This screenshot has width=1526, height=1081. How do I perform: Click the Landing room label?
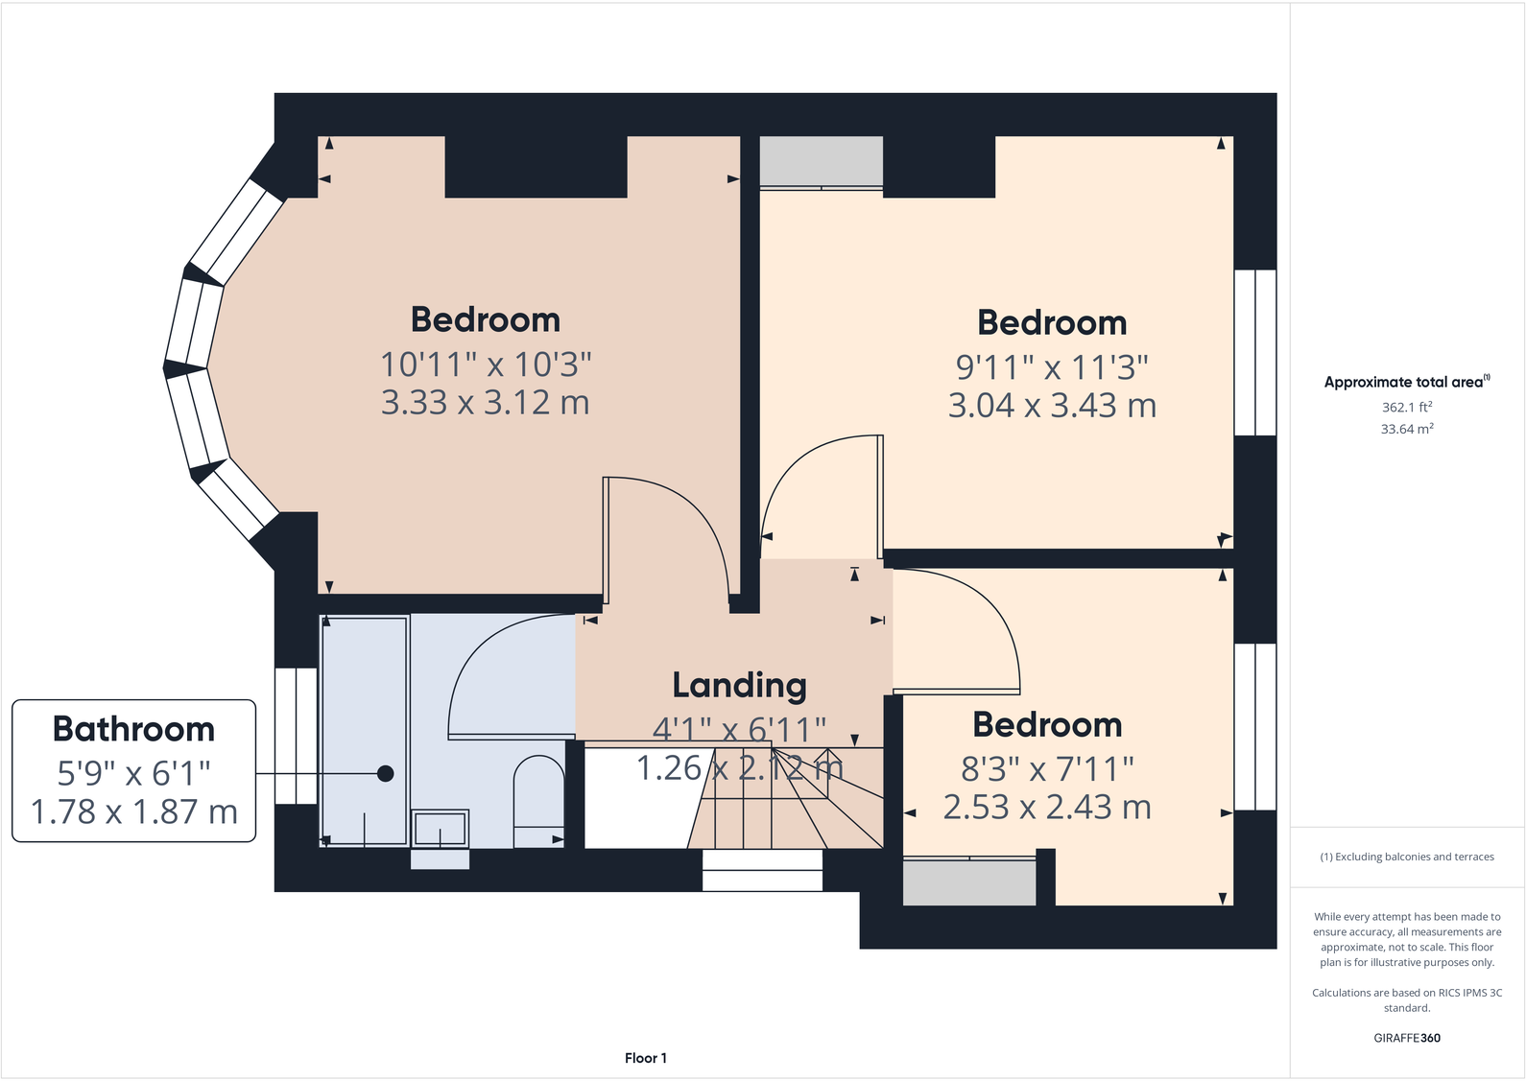tap(739, 685)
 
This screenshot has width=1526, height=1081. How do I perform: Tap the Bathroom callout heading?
tap(133, 729)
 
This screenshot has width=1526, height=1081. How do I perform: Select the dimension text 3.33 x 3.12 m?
tap(485, 403)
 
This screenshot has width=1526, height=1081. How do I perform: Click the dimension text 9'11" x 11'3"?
tap(1052, 367)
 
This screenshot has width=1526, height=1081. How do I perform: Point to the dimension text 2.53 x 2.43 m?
tap(1047, 808)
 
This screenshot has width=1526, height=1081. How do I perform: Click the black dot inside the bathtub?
tap(385, 773)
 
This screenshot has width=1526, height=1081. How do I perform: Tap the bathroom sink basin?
tap(441, 828)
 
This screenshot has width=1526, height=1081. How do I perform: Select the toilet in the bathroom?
tap(538, 801)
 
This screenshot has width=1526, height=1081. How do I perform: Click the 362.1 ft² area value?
tap(1406, 407)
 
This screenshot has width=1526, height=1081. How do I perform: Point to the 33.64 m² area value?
tap(1406, 429)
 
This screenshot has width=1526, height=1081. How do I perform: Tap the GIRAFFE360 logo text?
tap(1406, 1038)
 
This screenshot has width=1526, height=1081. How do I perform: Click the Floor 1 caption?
tap(645, 1058)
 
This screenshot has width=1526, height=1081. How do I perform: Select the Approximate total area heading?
tap(1406, 382)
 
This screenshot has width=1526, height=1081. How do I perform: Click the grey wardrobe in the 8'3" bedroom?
tap(969, 881)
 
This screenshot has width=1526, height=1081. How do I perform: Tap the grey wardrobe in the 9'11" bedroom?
tap(822, 161)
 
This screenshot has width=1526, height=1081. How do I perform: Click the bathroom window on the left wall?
tap(296, 735)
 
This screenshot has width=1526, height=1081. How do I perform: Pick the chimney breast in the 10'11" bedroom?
tap(536, 167)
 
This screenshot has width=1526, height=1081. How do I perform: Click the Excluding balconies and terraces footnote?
tap(1406, 857)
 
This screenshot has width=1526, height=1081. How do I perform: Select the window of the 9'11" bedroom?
tap(1254, 352)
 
